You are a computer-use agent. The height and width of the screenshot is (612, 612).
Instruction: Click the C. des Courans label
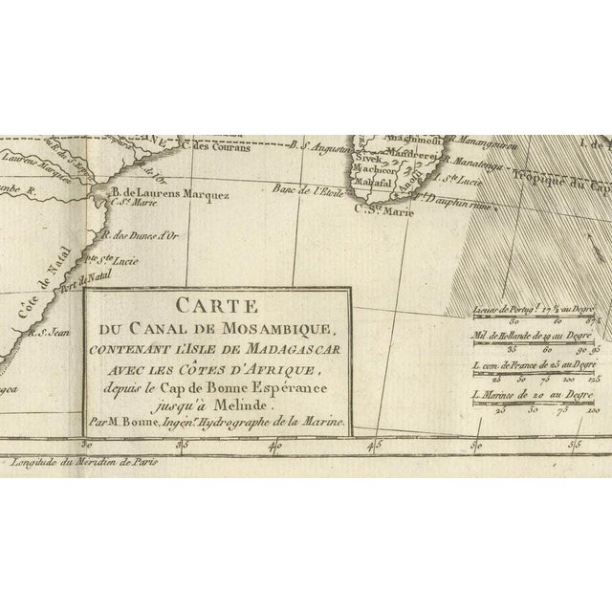[x=226, y=146]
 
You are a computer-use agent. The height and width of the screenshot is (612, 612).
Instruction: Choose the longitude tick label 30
[x=87, y=443]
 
